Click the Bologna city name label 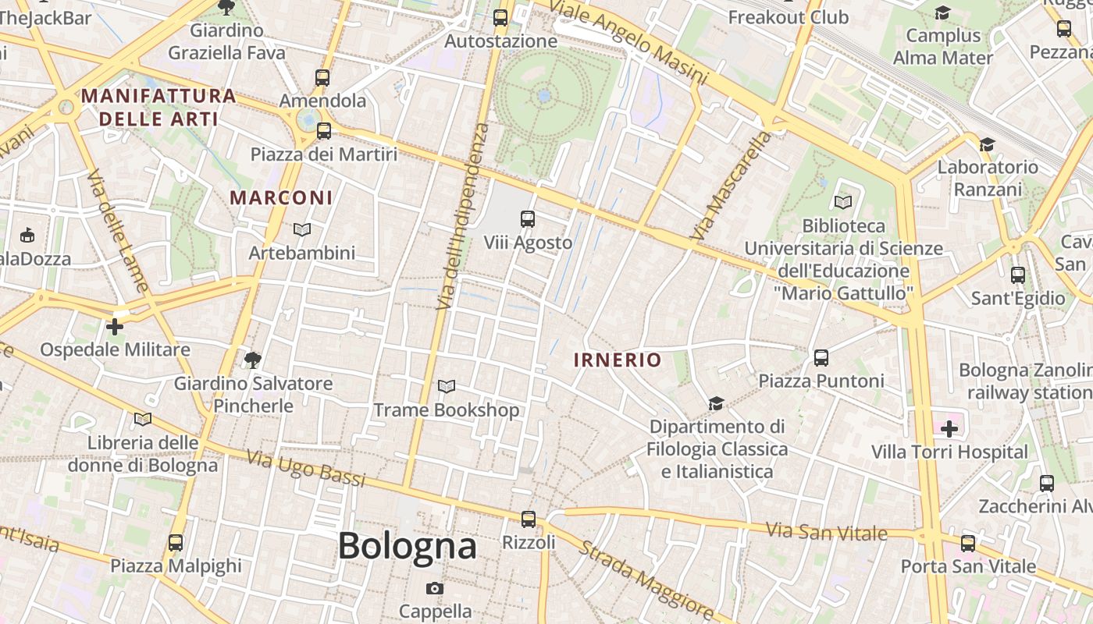pyautogui.click(x=407, y=545)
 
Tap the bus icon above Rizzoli pyautogui.click(x=529, y=519)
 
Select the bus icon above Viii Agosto pyautogui.click(x=528, y=219)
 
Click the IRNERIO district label pyautogui.click(x=617, y=360)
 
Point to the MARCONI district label pyautogui.click(x=281, y=197)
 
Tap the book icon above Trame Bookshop pyautogui.click(x=447, y=386)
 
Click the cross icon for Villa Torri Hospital pyautogui.click(x=949, y=428)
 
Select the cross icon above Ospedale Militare pyautogui.click(x=115, y=326)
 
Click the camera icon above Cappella pyautogui.click(x=435, y=588)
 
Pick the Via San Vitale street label pyautogui.click(x=826, y=532)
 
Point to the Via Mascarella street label pyautogui.click(x=730, y=186)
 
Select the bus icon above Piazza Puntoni pyautogui.click(x=821, y=358)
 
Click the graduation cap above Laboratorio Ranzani pyautogui.click(x=988, y=144)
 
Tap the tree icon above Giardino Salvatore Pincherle pyautogui.click(x=252, y=360)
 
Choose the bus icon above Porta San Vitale pyautogui.click(x=968, y=544)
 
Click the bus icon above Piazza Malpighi pyautogui.click(x=176, y=542)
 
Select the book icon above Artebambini pyautogui.click(x=302, y=229)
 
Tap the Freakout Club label pyautogui.click(x=788, y=16)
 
